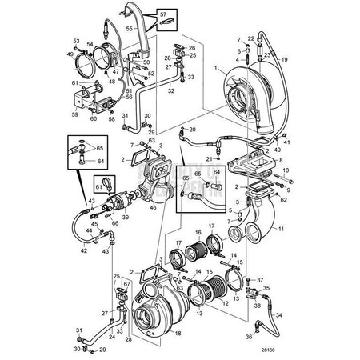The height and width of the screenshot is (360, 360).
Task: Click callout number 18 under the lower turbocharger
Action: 178,332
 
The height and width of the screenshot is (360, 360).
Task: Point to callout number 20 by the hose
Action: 192,128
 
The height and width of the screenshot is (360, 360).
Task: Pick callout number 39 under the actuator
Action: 125,218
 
